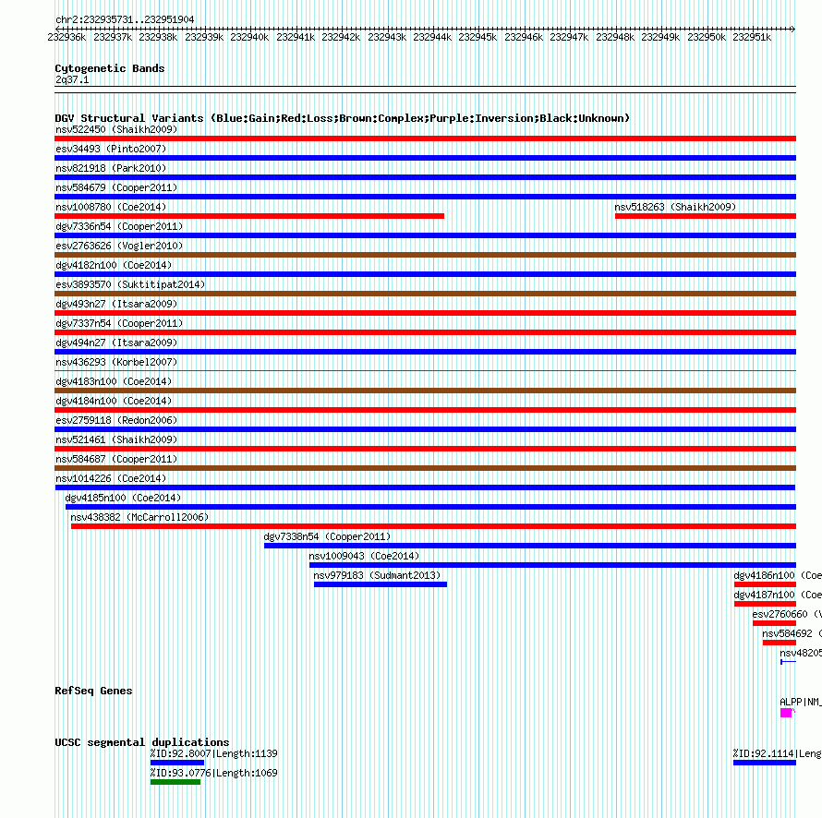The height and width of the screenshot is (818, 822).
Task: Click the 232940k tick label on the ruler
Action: (x=249, y=38)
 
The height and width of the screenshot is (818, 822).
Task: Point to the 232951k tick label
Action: (x=752, y=38)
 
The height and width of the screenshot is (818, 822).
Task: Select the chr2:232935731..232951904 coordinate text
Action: (x=125, y=19)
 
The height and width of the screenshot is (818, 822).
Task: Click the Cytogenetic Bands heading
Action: (x=110, y=68)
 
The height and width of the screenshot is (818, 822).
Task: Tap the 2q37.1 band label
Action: (x=72, y=80)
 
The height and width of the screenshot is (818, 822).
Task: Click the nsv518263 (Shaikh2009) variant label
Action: (x=675, y=207)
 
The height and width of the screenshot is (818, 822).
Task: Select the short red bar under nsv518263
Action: (x=705, y=216)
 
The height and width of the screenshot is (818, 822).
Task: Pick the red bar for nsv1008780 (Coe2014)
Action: (x=249, y=216)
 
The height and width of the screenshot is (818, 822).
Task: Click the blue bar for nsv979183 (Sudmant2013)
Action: (x=380, y=584)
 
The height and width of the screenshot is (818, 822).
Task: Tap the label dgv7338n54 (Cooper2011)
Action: (x=327, y=536)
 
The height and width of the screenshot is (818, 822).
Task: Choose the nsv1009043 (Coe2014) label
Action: (x=364, y=556)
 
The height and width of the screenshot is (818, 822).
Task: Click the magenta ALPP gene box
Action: (x=786, y=713)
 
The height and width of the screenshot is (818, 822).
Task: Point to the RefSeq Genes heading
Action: (x=93, y=691)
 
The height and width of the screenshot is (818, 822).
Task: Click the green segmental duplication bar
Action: (x=175, y=782)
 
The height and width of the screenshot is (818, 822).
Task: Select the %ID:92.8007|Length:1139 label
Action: (x=213, y=753)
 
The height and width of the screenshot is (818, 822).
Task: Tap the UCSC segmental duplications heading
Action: (x=141, y=742)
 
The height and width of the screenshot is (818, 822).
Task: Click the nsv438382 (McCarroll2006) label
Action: (x=139, y=517)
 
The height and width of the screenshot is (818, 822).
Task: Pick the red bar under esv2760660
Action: (x=774, y=623)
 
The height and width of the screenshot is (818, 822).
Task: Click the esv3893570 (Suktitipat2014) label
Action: (x=130, y=284)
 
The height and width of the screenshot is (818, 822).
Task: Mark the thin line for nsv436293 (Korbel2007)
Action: (x=425, y=371)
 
